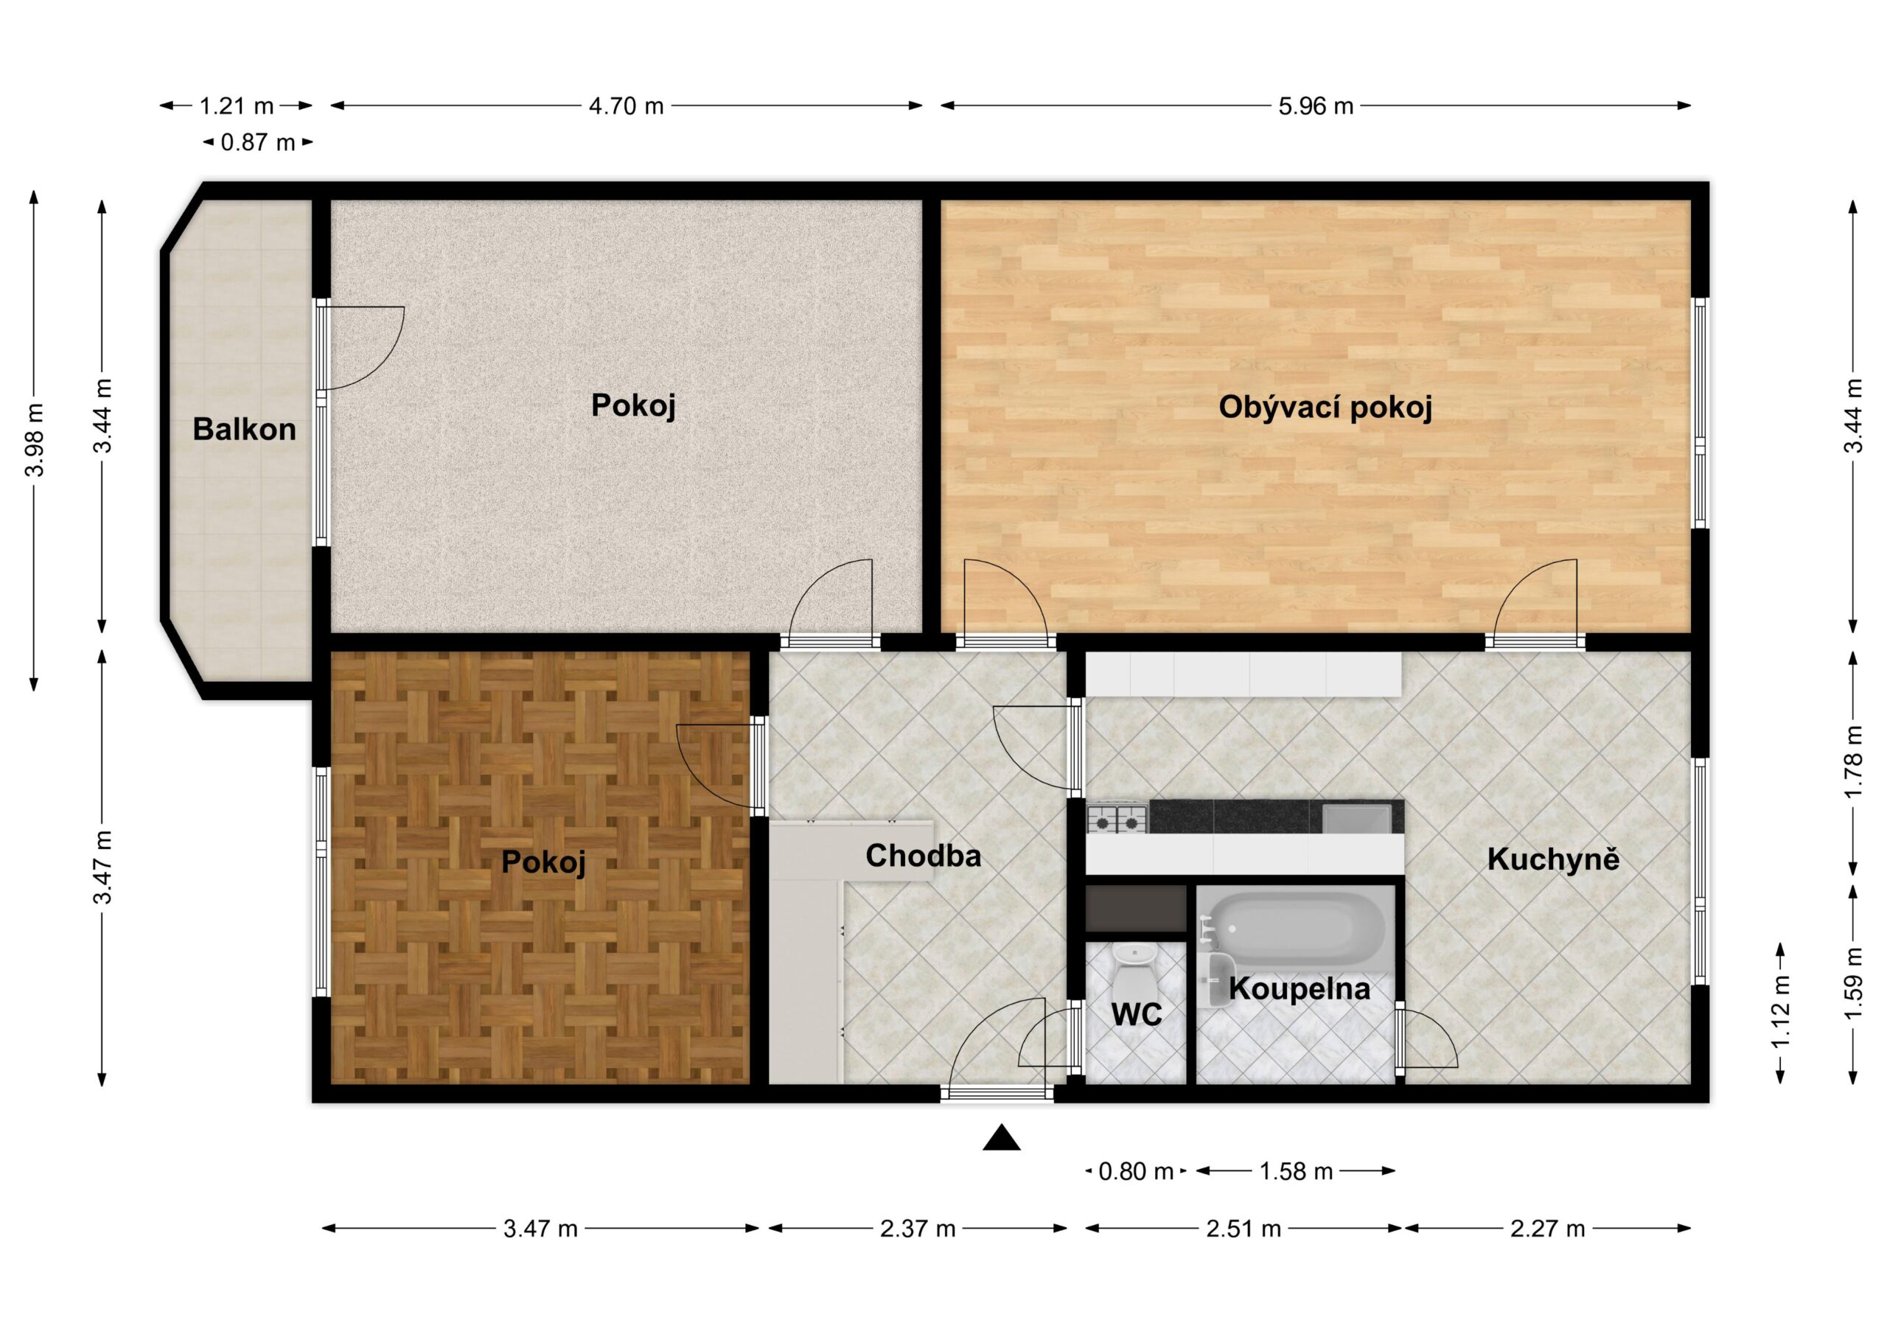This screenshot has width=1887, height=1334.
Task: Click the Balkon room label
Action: [244, 429]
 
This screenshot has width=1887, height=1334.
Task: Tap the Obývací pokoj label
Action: [1325, 408]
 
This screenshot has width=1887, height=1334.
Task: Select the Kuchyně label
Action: [1553, 860]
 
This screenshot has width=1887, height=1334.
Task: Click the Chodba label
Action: [923, 856]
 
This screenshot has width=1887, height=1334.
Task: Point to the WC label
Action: [1137, 1014]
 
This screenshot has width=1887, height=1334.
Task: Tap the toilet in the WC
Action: [1134, 971]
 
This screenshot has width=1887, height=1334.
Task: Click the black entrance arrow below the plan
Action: [1002, 1139]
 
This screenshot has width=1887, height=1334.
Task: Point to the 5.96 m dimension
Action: [1315, 106]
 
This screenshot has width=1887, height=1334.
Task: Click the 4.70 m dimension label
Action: [626, 106]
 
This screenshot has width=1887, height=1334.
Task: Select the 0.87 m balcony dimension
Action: [257, 143]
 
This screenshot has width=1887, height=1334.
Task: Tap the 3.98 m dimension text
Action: [35, 440]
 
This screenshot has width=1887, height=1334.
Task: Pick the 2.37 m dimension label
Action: [917, 1229]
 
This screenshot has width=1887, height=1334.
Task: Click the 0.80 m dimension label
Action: [1136, 1171]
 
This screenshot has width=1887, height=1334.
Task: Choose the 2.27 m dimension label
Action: [1548, 1229]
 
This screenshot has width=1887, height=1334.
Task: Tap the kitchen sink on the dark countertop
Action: [1356, 819]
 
